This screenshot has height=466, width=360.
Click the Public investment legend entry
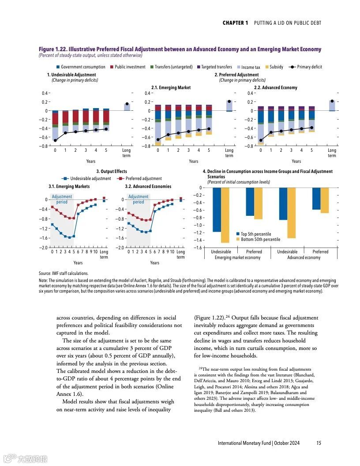130,67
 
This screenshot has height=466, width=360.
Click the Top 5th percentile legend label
256,234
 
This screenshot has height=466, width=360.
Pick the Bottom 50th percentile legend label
260,240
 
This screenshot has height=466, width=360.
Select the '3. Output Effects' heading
112,172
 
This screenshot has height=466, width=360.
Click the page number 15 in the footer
319,443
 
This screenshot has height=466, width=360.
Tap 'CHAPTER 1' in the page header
235,23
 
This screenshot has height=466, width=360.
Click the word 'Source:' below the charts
45,274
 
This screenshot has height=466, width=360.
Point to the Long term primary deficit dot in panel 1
127,104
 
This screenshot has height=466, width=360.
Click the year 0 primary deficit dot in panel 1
55,140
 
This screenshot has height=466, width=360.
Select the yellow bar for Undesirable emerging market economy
225,215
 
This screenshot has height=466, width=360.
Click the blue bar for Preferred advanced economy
316,199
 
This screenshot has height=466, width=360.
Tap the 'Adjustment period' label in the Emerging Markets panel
62,199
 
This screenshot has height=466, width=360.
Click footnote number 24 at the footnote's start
200,368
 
